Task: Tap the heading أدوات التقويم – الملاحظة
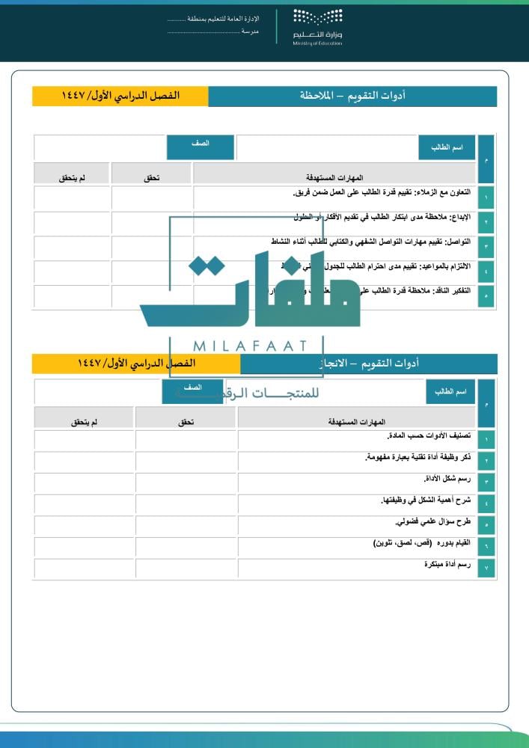pos(352,96)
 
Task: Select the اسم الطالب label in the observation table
pos(447,147)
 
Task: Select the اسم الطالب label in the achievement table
pos(450,392)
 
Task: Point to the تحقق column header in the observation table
pos(152,178)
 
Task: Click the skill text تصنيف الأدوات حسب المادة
pos(429,435)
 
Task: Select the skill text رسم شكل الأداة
pos(447,478)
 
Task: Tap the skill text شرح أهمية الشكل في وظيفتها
pos(426,500)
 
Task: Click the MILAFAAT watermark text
pos(250,346)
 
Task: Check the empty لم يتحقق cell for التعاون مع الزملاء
pos(72,197)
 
